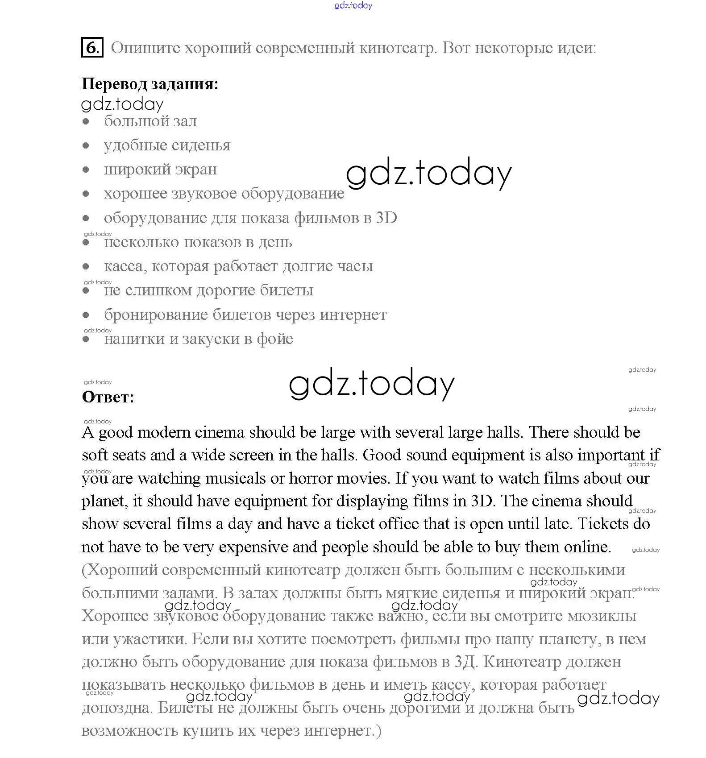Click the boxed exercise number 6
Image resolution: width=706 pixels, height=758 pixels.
(92, 47)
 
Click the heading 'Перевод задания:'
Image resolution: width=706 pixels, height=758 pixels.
(150, 84)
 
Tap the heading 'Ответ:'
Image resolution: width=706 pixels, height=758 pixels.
(108, 397)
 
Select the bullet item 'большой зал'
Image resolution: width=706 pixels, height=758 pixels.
(150, 121)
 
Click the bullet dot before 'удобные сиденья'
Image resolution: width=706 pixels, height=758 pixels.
(86, 145)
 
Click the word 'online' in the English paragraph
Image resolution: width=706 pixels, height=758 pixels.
(587, 547)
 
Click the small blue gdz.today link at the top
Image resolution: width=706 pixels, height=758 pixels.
(353, 6)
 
